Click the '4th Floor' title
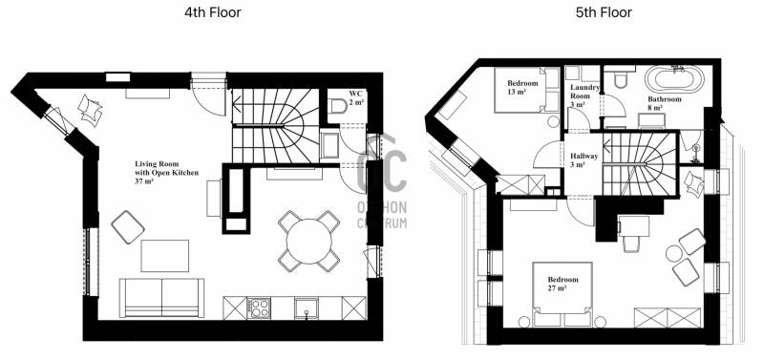(212, 12)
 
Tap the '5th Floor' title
(604, 12)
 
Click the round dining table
(308, 242)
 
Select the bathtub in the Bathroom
(674, 80)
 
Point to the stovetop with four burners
(259, 307)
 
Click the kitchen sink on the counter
(307, 307)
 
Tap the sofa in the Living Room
(161, 298)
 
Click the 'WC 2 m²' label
(356, 97)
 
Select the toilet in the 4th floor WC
(337, 105)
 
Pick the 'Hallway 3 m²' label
(584, 160)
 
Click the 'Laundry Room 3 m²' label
(584, 95)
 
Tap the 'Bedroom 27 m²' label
(562, 284)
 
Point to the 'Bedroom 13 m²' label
(522, 87)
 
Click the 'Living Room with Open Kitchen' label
(166, 173)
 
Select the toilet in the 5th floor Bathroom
(620, 78)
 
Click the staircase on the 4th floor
(275, 126)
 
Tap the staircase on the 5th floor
(639, 163)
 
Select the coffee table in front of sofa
(164, 256)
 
